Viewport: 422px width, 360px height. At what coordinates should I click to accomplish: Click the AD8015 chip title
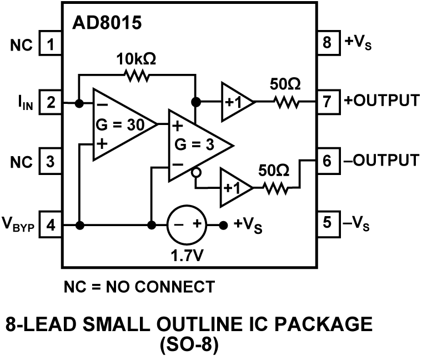(x=107, y=23)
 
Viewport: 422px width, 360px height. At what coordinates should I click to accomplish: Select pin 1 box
(x=51, y=43)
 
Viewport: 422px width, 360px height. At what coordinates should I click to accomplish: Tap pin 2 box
(x=51, y=103)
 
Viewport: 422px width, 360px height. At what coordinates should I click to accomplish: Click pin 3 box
(x=51, y=162)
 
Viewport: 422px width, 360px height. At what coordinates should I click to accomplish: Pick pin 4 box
(x=51, y=226)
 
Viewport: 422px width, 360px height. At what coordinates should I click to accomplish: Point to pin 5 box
(x=326, y=222)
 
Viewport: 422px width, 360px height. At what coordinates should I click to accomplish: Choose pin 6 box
(x=326, y=161)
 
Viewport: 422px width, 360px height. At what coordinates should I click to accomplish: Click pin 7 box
(x=326, y=102)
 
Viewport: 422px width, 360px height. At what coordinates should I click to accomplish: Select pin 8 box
(x=326, y=43)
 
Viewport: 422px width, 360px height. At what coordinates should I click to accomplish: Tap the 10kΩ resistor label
(x=135, y=59)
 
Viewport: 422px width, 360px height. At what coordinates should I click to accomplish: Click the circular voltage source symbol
(x=187, y=225)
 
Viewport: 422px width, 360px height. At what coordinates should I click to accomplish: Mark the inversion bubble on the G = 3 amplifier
(x=195, y=173)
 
